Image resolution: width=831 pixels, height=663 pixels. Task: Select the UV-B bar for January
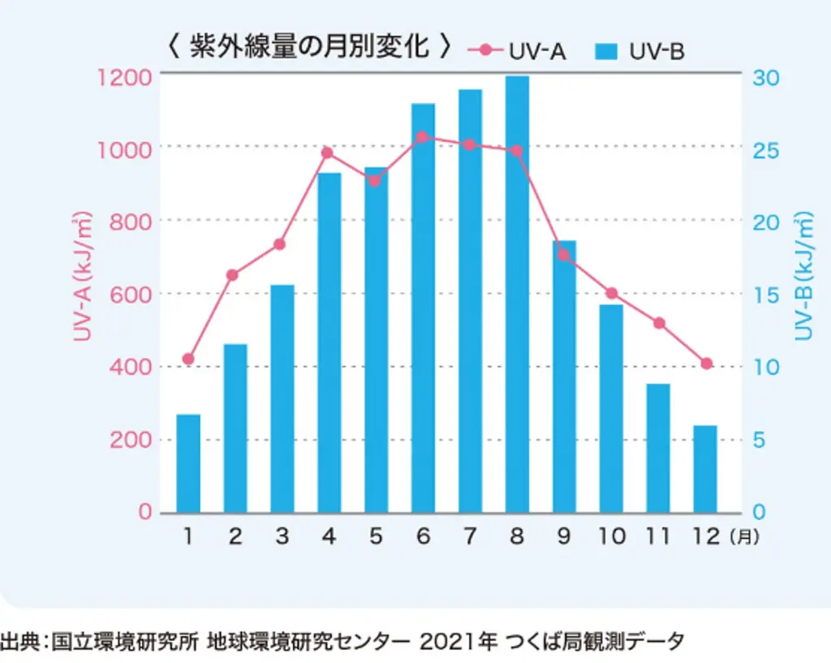click(188, 463)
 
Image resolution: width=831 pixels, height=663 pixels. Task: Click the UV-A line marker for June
click(422, 137)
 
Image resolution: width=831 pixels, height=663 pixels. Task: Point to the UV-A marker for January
click(188, 359)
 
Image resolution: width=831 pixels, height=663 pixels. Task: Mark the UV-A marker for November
click(659, 323)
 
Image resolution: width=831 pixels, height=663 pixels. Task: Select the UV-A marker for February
click(232, 275)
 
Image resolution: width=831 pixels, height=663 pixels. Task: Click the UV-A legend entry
click(518, 52)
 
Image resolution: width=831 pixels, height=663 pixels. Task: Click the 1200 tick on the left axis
click(124, 78)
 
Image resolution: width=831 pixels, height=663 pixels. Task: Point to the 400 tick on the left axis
click(129, 367)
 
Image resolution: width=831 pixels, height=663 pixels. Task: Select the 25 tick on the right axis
click(766, 151)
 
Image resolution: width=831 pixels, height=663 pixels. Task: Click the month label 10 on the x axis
click(612, 537)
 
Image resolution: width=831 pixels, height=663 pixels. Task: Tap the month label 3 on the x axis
click(282, 537)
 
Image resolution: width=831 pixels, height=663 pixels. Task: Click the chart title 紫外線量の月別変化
click(308, 47)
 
